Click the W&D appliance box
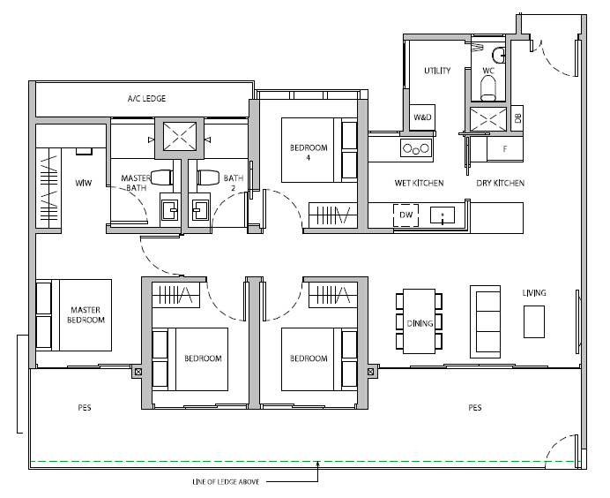coord(422,117)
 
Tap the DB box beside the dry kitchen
coord(517,118)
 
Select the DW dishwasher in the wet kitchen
coord(405,215)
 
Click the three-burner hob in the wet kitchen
coord(416,148)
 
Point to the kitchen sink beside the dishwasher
coord(443,215)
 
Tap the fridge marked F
coord(505,148)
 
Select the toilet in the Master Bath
coord(162,177)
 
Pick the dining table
coord(419,321)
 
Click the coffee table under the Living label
coord(534,321)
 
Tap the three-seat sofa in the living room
coord(485,321)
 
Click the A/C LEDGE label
coord(146,99)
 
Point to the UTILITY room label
coord(437,71)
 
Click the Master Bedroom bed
coord(74,315)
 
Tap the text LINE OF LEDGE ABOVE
coord(226,481)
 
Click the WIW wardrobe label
coord(84,183)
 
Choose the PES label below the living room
coord(475,408)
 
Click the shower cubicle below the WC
coord(488,119)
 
